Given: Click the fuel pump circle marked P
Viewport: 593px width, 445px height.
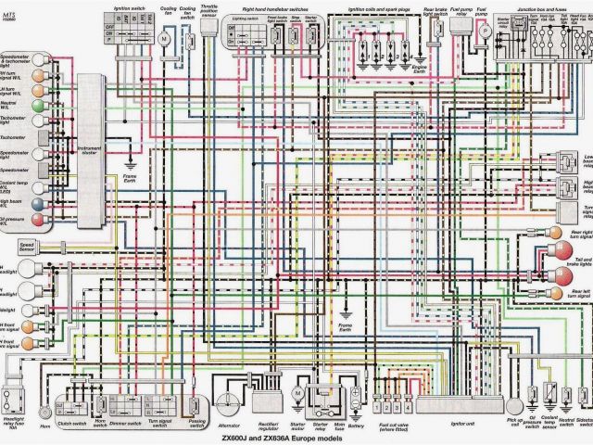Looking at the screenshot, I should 483,31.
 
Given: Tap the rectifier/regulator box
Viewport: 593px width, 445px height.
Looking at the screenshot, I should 271,394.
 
